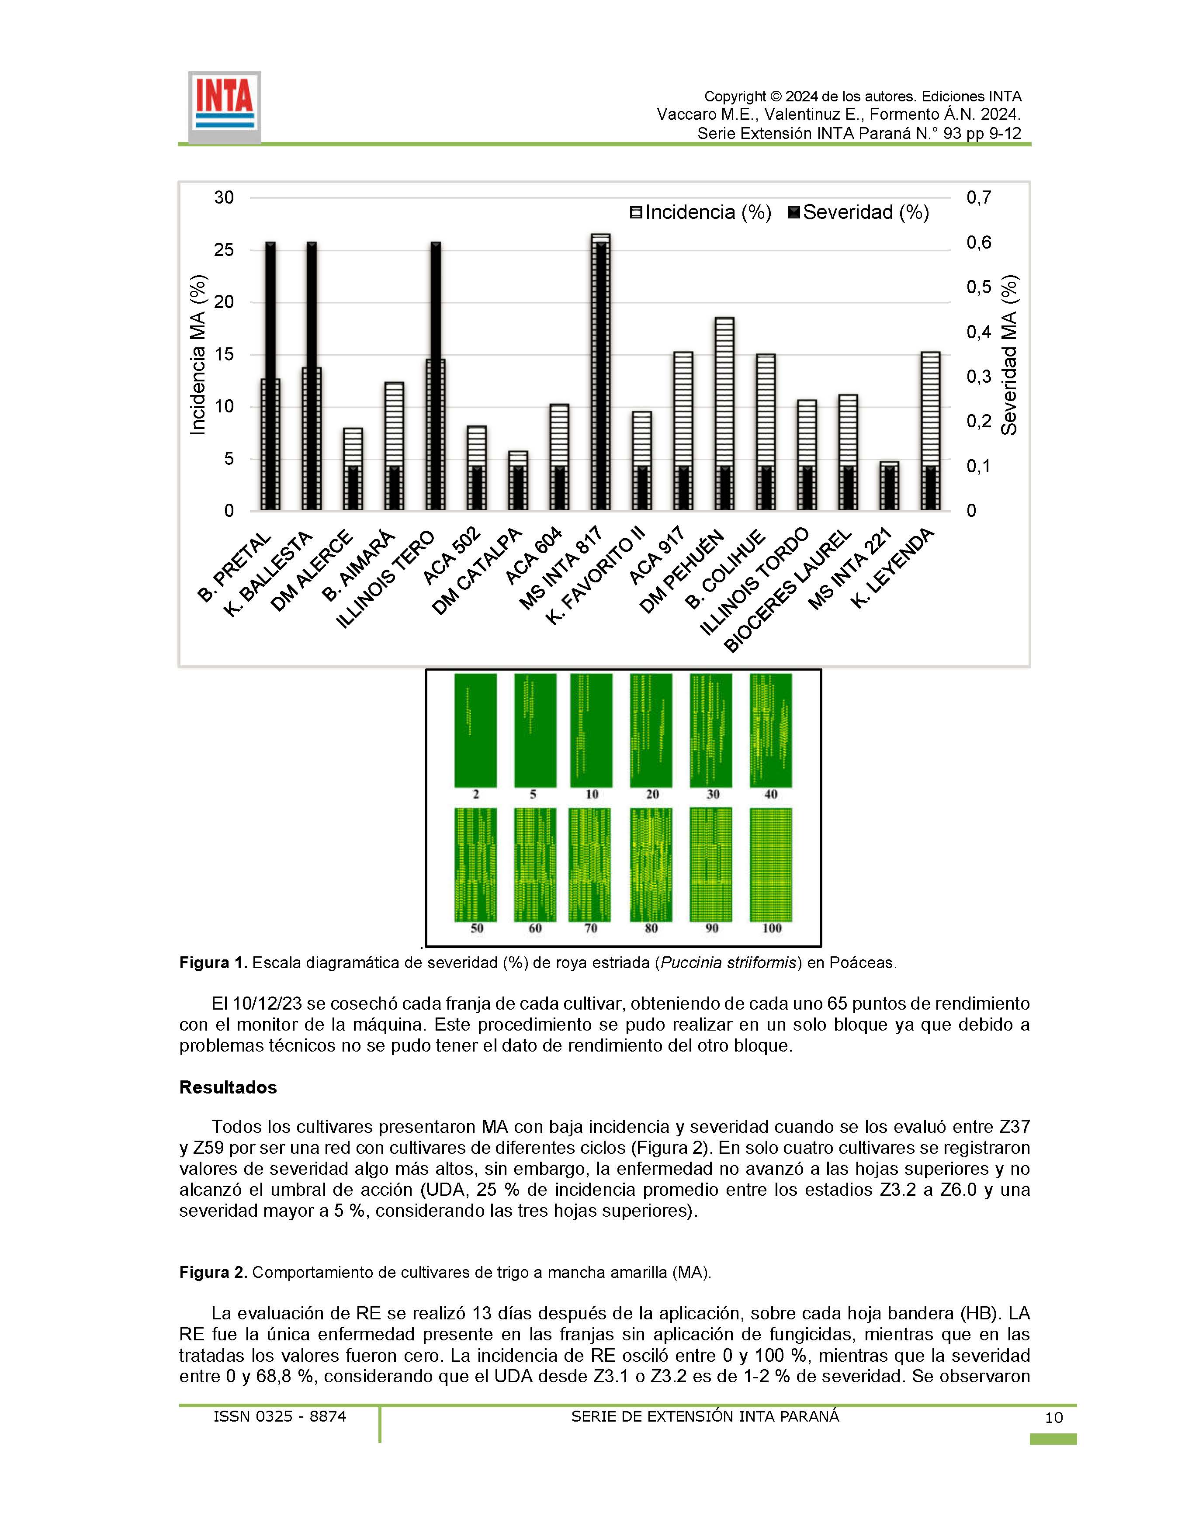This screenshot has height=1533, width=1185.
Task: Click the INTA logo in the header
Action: pyautogui.click(x=225, y=107)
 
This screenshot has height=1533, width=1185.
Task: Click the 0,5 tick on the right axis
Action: pyautogui.click(x=979, y=287)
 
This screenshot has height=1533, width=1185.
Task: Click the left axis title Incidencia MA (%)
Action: pyautogui.click(x=199, y=354)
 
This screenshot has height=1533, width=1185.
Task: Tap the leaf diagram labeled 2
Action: pyautogui.click(x=475, y=731)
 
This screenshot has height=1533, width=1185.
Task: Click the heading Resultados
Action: pyautogui.click(x=228, y=1087)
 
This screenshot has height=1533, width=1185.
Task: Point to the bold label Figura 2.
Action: pyautogui.click(x=213, y=1273)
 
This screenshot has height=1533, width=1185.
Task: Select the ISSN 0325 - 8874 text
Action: pyautogui.click(x=279, y=1416)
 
